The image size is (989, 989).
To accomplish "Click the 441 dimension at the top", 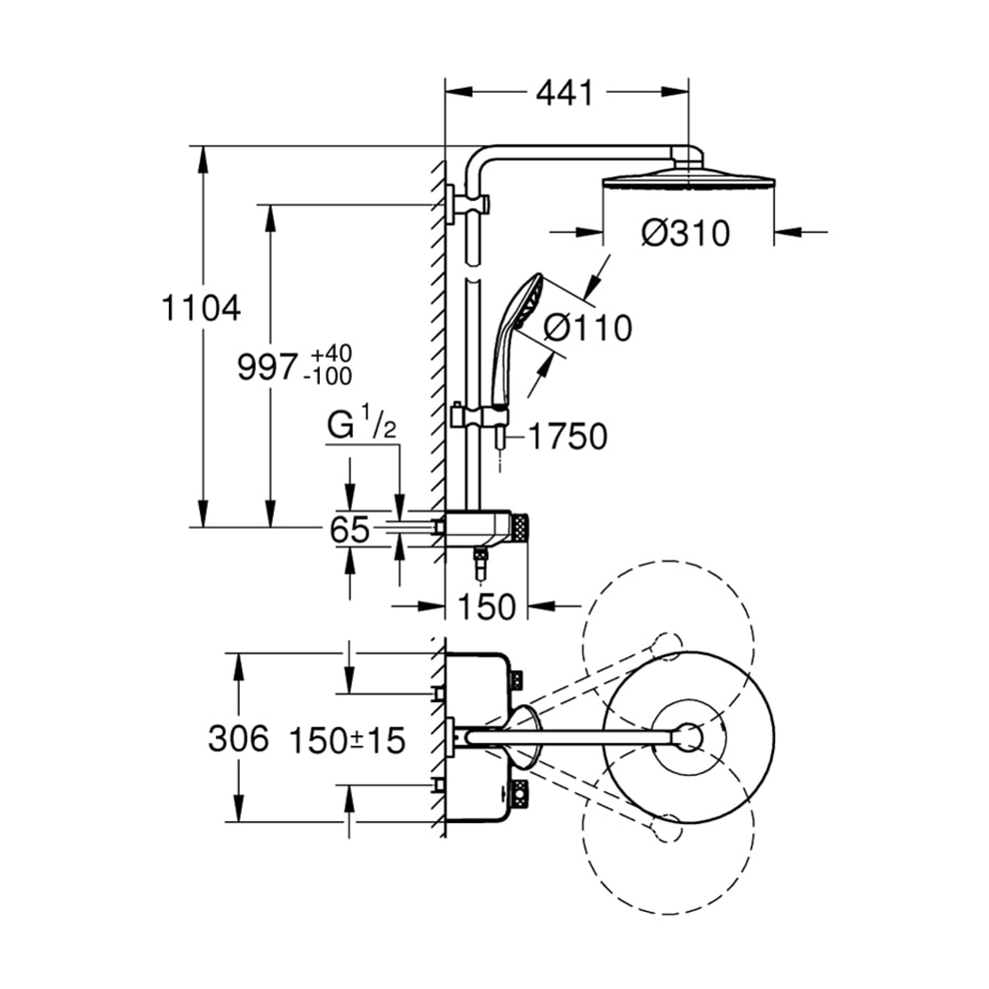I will point(564,93).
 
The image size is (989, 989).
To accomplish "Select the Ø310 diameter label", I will point(685,233).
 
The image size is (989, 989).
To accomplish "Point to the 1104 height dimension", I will point(201,308).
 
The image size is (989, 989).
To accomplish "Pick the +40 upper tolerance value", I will point(332,356).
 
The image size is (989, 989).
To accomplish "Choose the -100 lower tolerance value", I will point(331,378).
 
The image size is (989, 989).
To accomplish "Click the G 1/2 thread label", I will point(363,427).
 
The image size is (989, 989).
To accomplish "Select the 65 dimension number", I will point(350,529).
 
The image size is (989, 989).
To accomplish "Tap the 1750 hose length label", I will point(566,437).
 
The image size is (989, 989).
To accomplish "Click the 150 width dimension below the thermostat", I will point(487,605).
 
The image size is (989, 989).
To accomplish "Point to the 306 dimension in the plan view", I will point(239,739).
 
